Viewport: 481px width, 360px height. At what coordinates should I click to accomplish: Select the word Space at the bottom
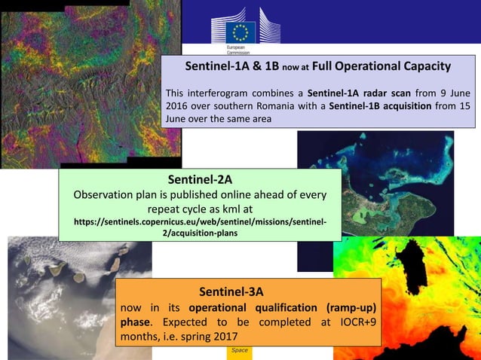[x=240, y=350]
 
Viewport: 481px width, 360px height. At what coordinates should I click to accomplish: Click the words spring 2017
[x=204, y=336]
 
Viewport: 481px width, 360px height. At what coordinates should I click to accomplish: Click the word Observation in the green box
[x=104, y=194]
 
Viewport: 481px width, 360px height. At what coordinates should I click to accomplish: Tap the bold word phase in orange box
[x=136, y=322]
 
